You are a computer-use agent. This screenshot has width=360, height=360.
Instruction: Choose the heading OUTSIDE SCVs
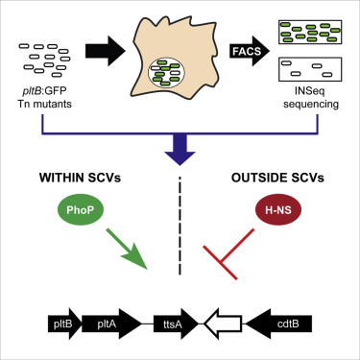278,180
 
